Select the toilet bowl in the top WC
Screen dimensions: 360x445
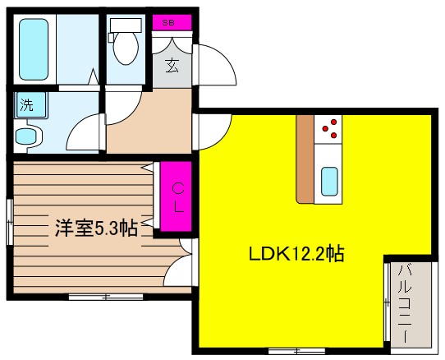pyautogui.click(x=126, y=49)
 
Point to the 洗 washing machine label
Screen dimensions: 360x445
pyautogui.click(x=27, y=105)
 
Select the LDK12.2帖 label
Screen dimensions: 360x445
pyautogui.click(x=296, y=255)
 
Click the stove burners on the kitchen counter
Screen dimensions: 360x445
pyautogui.click(x=330, y=128)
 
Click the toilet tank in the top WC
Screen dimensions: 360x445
pyautogui.click(x=126, y=24)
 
